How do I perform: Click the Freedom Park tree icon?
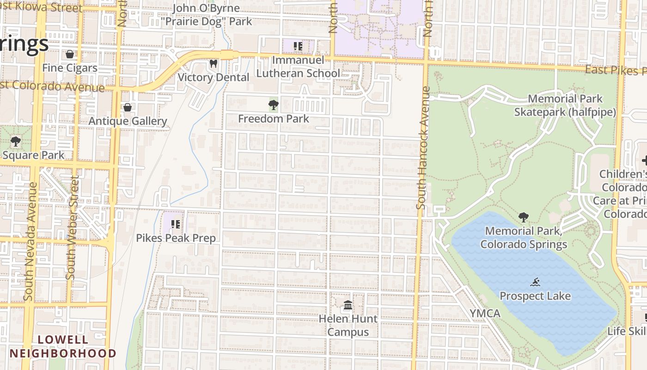(273, 105)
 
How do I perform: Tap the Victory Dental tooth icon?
(213, 64)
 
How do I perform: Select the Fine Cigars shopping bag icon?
(70, 55)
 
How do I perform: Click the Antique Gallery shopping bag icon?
(128, 108)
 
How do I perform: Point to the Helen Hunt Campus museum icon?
(348, 305)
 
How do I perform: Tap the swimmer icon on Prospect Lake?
(536, 282)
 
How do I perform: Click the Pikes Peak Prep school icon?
(175, 224)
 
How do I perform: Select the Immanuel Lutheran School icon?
(298, 46)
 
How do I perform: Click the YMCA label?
(485, 314)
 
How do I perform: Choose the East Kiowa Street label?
(42, 7)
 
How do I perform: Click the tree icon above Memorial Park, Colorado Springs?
(524, 217)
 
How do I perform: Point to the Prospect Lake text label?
(535, 296)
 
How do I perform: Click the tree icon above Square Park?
(16, 142)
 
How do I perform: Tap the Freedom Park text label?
(274, 119)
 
